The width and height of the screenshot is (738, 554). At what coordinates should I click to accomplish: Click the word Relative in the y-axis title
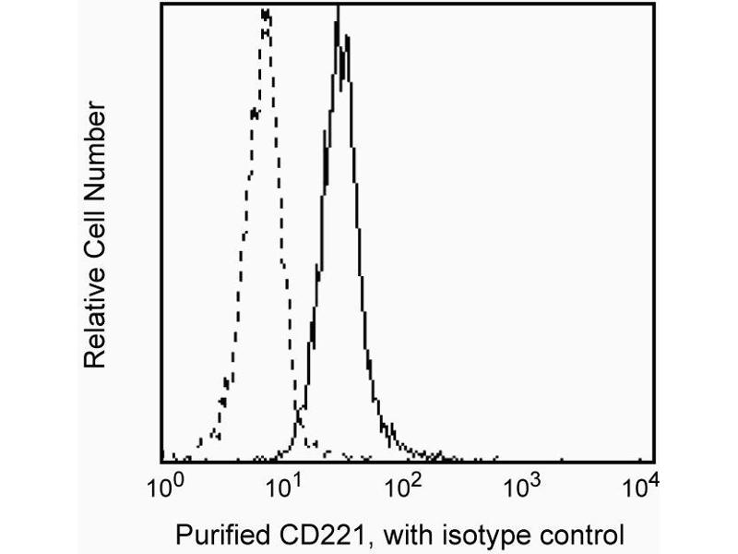pyautogui.click(x=96, y=317)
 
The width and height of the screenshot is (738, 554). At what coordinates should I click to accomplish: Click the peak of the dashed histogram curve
pyautogui.click(x=266, y=13)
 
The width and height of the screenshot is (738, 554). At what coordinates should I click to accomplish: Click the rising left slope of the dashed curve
pyautogui.click(x=242, y=231)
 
